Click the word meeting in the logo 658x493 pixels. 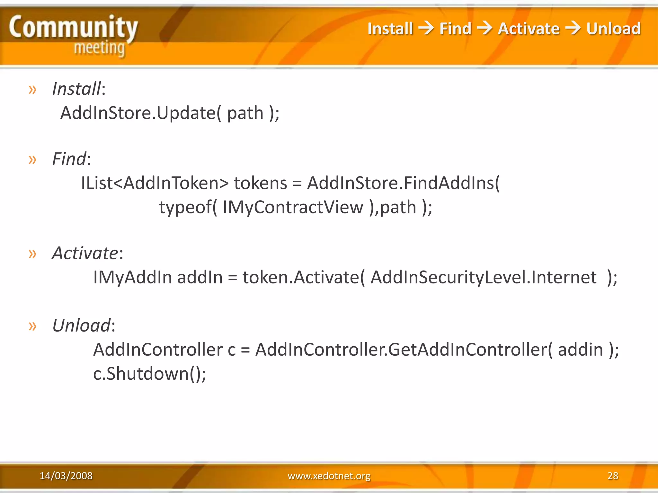(x=99, y=48)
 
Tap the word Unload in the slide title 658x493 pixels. (x=613, y=29)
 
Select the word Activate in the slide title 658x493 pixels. (x=529, y=29)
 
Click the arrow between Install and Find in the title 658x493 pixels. (x=426, y=28)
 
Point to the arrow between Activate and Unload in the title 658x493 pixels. (x=573, y=28)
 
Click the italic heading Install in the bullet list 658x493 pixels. (x=76, y=89)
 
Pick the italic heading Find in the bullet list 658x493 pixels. (x=69, y=159)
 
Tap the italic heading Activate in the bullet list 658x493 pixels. (x=85, y=253)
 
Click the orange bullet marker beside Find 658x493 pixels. (x=32, y=159)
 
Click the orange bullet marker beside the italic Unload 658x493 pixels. (x=32, y=326)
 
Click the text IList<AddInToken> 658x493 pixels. (x=155, y=183)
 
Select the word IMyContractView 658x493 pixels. (x=293, y=207)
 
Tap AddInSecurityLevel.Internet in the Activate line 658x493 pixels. (x=483, y=277)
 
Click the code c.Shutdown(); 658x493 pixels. (x=149, y=374)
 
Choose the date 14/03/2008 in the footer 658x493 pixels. (x=66, y=476)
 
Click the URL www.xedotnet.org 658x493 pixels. (x=329, y=476)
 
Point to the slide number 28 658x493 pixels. (x=613, y=476)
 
